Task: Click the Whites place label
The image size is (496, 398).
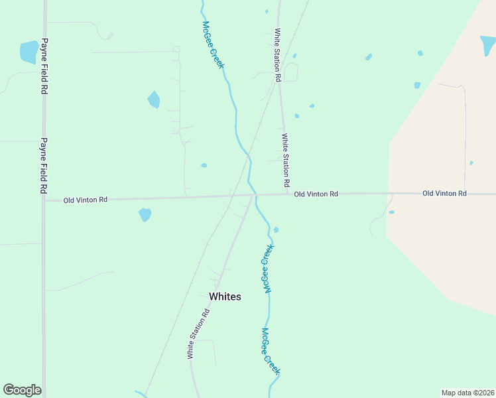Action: pos(225,297)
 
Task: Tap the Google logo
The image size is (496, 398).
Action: pos(22,390)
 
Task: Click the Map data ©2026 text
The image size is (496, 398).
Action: pos(467,392)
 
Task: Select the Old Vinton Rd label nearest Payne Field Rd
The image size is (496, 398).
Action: pos(86,200)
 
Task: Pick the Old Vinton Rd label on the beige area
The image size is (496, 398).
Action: pos(444,193)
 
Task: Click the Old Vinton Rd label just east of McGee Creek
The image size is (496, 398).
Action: pos(316,194)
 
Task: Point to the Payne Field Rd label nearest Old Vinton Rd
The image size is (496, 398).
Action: pos(44,166)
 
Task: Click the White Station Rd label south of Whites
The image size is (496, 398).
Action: pos(198,334)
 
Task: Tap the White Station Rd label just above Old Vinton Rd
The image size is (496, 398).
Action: pos(286,160)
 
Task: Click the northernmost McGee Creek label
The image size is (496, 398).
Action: pos(214,46)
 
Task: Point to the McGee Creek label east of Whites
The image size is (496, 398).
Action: pos(268,268)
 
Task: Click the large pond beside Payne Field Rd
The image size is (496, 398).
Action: pos(29,52)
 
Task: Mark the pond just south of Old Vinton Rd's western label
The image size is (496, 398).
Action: pos(145,214)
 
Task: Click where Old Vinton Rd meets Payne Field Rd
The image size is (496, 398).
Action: pos(44,199)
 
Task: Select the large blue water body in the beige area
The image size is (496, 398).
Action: pos(487,45)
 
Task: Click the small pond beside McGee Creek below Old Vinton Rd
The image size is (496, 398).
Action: pos(276,230)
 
